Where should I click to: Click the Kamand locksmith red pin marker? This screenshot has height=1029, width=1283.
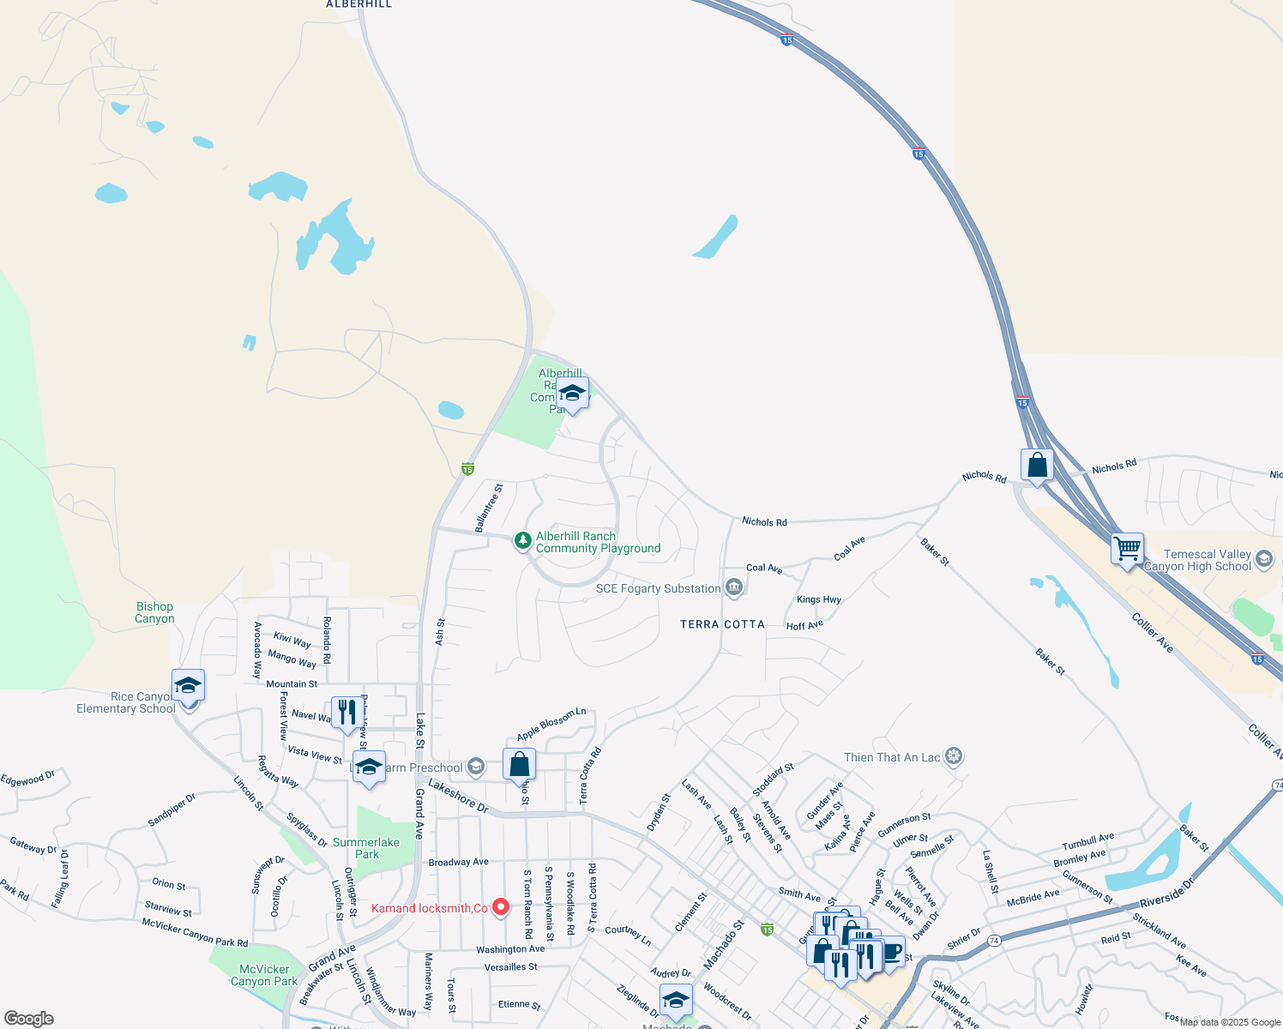pyautogui.click(x=501, y=906)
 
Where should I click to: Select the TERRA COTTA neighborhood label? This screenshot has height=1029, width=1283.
pyautogui.click(x=722, y=624)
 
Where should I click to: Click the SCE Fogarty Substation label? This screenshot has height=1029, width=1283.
pyautogui.click(x=659, y=588)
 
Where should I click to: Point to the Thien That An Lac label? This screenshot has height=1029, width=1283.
pyautogui.click(x=892, y=757)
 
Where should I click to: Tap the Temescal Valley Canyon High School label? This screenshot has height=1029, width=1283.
pyautogui.click(x=1208, y=561)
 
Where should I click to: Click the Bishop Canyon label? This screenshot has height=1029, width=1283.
pyautogui.click(x=154, y=612)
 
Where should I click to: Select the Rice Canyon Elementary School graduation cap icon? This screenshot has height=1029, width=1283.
pyautogui.click(x=188, y=686)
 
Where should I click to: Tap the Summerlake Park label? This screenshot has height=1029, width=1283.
pyautogui.click(x=366, y=848)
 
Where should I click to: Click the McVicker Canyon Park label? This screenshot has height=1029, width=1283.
pyautogui.click(x=264, y=975)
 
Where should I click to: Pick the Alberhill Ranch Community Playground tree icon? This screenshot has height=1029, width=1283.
pyautogui.click(x=522, y=541)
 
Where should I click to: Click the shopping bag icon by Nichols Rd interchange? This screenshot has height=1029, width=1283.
pyautogui.click(x=1037, y=466)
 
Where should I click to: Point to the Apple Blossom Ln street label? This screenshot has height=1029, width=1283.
pyautogui.click(x=551, y=725)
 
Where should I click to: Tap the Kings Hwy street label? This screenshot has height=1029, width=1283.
pyautogui.click(x=818, y=599)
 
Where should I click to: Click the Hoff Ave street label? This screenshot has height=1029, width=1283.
pyautogui.click(x=804, y=625)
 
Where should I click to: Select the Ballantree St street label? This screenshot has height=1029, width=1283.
pyautogui.click(x=490, y=508)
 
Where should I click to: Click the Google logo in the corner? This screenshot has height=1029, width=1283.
pyautogui.click(x=29, y=1019)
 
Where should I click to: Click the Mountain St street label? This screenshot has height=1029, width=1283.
pyautogui.click(x=292, y=684)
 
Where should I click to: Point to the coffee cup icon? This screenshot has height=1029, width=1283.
pyautogui.click(x=891, y=951)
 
